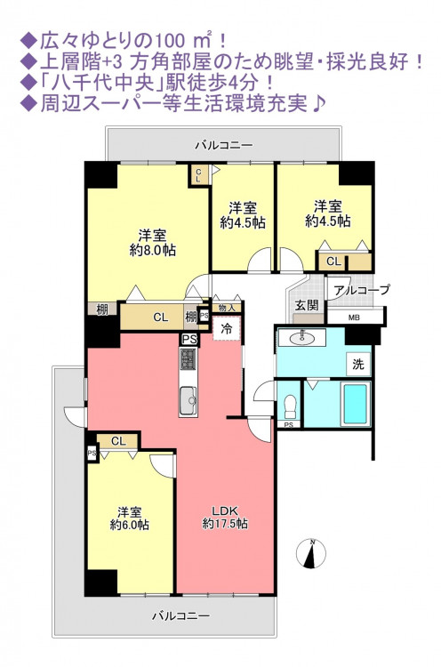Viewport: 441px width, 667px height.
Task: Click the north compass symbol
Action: coord(311,553)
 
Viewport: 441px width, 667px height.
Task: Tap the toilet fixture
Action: coord(290,406)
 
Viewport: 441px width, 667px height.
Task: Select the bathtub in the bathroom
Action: coord(355,404)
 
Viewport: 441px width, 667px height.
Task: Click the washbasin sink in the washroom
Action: coord(302,339)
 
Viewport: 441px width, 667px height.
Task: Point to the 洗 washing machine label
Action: coord(358,364)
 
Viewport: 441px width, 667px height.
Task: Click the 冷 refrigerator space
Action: coord(227,328)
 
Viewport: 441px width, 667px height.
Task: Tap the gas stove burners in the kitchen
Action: coord(188,358)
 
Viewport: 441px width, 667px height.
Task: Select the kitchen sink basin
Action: coord(188,401)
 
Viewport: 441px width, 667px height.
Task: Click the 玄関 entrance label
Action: coord(306,305)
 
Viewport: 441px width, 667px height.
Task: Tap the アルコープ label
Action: coord(362,290)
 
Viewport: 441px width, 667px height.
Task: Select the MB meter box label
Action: coord(354,317)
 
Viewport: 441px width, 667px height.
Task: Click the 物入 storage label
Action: coord(227,308)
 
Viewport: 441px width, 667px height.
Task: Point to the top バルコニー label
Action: coord(224,146)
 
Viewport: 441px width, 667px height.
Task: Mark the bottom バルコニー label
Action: coord(180,615)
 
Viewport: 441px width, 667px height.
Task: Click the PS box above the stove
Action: coord(189,340)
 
